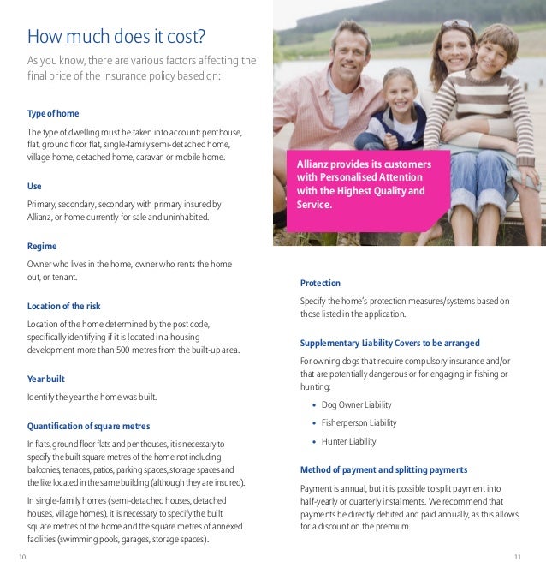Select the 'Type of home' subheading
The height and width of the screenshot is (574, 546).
(x=53, y=114)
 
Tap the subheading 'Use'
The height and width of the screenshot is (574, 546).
(x=34, y=186)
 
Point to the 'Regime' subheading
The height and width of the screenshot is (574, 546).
(x=42, y=246)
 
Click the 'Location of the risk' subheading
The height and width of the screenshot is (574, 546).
(x=64, y=306)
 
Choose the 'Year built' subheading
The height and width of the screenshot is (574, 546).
(x=46, y=379)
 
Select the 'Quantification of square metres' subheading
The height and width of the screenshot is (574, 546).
(x=88, y=426)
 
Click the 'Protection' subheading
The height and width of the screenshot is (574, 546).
(x=320, y=283)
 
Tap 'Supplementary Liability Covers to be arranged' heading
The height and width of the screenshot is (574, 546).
(x=395, y=343)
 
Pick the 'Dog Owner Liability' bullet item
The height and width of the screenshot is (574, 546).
(x=356, y=404)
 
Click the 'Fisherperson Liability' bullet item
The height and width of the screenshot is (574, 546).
(x=359, y=423)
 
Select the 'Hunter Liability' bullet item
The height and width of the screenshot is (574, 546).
(x=348, y=442)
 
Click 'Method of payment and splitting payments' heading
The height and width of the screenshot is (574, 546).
(x=383, y=469)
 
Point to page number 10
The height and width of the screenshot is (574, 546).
(x=22, y=558)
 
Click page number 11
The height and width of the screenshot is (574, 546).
(x=518, y=558)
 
